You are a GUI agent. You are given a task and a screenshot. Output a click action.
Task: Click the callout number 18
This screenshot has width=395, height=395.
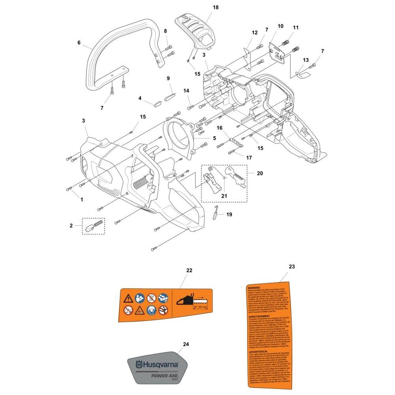(204, 7)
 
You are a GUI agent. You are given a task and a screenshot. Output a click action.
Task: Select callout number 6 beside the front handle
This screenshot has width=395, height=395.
(79, 42)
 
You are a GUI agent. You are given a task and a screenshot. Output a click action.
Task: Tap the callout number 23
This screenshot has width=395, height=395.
(292, 267)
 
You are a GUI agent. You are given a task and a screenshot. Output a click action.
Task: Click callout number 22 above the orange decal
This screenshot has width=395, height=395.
(189, 270)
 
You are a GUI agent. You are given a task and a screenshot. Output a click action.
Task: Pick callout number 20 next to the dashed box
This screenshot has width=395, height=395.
(260, 173)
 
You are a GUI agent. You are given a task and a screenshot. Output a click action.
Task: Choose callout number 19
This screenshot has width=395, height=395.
(229, 214)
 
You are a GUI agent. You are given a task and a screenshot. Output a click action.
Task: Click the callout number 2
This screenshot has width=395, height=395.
(71, 226)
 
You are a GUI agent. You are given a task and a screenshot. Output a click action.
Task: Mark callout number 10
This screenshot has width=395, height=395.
(280, 26)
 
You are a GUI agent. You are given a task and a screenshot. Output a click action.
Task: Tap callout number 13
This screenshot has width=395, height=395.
(306, 60)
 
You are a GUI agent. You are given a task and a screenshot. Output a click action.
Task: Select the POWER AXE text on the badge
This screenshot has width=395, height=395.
(162, 375)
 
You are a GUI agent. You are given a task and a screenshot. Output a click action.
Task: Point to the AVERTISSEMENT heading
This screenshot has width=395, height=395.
(259, 317)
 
